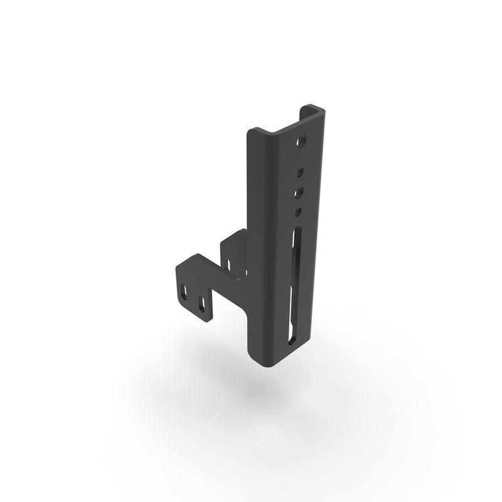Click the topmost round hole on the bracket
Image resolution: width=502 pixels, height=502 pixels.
click(303, 141)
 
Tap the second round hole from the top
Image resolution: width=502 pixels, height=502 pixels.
click(301, 169)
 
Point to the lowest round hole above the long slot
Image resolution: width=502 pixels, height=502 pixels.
click(299, 211)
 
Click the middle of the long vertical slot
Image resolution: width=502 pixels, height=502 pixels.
click(294, 286)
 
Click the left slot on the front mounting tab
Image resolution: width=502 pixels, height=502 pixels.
click(184, 292)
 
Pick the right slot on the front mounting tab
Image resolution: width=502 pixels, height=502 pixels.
click(202, 306)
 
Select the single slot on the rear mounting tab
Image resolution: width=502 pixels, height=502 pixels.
click(230, 264)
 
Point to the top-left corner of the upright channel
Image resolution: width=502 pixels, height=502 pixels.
click(251, 132)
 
